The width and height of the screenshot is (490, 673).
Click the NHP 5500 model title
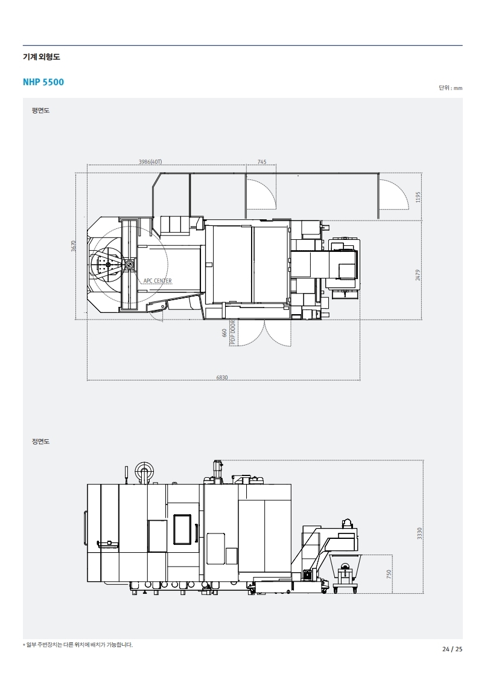click(43, 82)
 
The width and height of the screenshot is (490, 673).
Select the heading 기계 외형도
click(41, 57)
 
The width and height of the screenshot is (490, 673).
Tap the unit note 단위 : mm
click(451, 88)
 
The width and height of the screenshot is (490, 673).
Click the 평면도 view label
click(40, 111)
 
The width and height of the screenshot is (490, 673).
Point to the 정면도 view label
click(40, 441)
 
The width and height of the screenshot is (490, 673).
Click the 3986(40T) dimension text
click(150, 162)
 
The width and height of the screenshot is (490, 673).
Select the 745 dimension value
click(261, 162)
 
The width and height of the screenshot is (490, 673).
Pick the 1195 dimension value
click(418, 197)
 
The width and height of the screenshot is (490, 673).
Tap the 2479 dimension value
click(418, 275)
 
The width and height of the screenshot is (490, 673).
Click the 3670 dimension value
click(73, 246)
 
